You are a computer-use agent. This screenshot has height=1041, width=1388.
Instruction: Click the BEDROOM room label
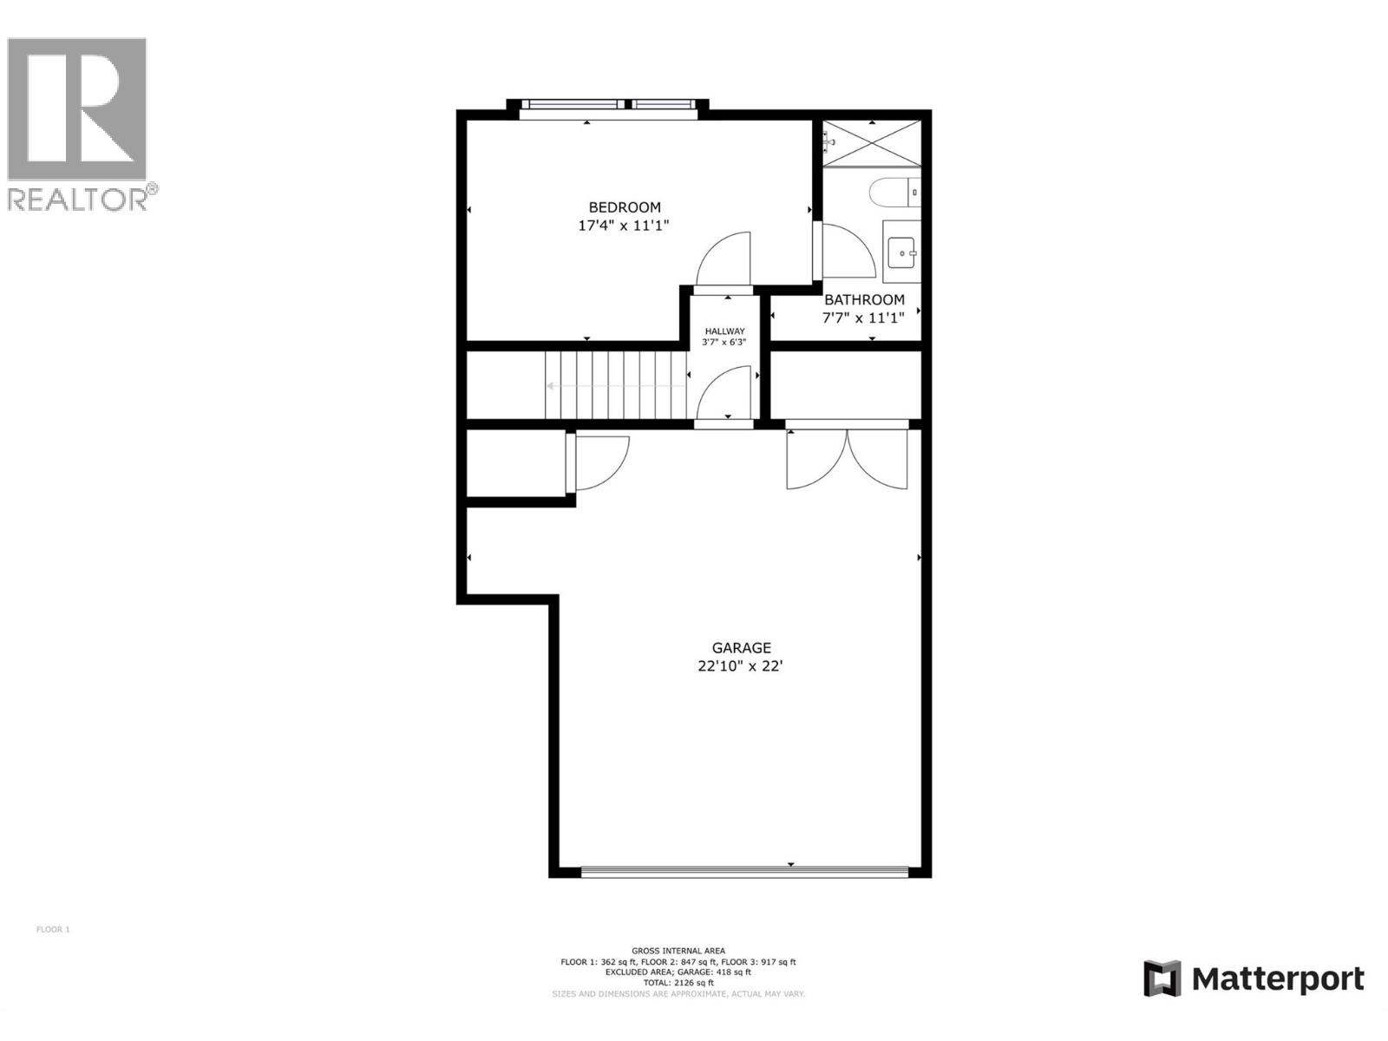[625, 207]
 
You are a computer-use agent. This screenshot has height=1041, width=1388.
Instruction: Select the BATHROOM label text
[864, 299]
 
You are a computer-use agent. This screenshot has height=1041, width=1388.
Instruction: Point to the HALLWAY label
[724, 331]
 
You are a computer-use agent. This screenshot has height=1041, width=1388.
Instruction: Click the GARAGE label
[741, 648]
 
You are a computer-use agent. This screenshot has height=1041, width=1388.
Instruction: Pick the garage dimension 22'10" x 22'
[741, 667]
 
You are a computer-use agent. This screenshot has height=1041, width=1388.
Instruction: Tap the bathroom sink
[902, 252]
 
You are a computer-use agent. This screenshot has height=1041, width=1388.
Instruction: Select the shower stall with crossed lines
[871, 143]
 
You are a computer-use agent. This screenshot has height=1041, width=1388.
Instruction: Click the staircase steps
[616, 385]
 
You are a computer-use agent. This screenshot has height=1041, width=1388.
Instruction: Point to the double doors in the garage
[848, 460]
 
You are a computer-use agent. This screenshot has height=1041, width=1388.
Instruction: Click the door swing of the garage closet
[600, 462]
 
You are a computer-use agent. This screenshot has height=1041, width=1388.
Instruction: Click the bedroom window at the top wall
[608, 105]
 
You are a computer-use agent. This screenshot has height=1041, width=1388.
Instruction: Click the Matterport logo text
[1277, 979]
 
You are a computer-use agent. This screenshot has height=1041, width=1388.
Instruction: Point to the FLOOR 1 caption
[53, 930]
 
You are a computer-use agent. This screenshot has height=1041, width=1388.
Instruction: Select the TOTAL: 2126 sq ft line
[678, 983]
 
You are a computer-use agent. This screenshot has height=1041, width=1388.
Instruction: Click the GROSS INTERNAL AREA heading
[678, 951]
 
